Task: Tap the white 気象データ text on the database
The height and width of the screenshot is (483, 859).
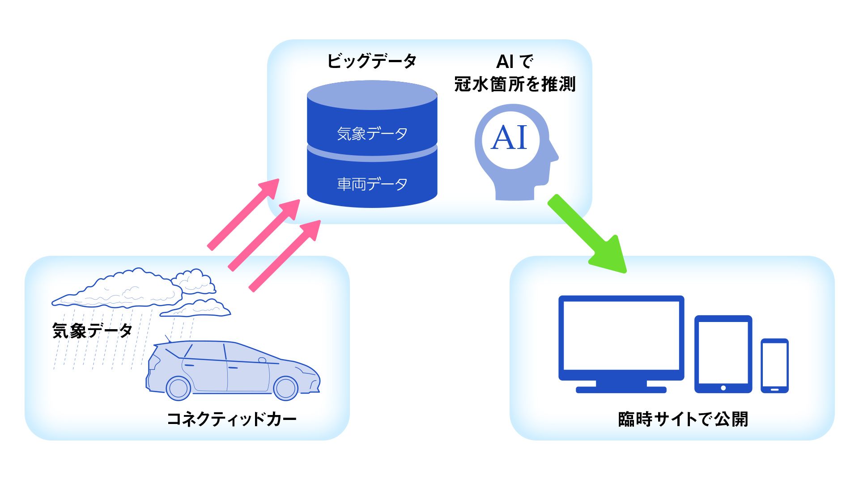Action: click(372, 134)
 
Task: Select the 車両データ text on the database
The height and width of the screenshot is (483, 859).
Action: click(372, 184)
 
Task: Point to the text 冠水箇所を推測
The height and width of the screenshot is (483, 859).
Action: click(515, 84)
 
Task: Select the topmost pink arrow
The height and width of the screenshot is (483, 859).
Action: click(243, 214)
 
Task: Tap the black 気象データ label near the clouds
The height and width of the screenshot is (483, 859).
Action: click(92, 331)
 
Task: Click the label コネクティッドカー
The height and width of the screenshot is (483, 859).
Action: click(231, 419)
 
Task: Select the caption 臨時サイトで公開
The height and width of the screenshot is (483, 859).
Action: click(683, 419)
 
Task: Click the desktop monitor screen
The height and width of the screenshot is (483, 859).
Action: click(621, 335)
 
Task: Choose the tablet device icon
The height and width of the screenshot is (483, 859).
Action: click(723, 353)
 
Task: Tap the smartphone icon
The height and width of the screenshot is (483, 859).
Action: click(774, 365)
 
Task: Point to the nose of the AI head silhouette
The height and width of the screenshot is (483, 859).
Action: click(555, 156)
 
